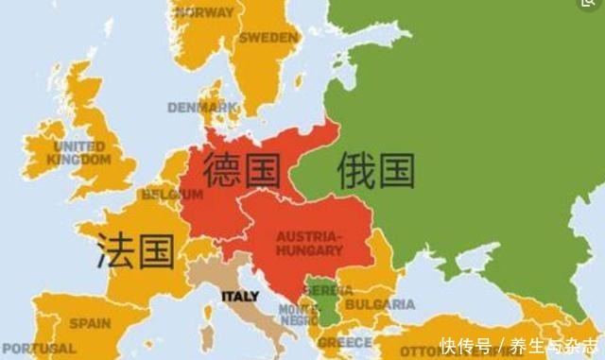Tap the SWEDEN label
(x=268, y=38)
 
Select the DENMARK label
(x=201, y=107)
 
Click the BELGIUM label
(x=172, y=195)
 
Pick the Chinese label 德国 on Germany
(x=242, y=170)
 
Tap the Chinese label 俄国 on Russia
(x=375, y=170)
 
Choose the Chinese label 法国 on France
(x=135, y=251)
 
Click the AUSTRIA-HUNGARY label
(x=309, y=243)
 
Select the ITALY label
(x=240, y=296)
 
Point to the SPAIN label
(x=90, y=322)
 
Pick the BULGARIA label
(x=378, y=304)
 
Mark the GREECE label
(x=344, y=342)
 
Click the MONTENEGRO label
(x=298, y=315)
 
